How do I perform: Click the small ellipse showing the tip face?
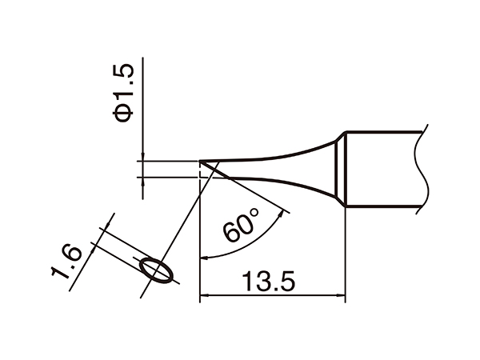[x=154, y=270]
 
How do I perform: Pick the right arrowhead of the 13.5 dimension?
[x=340, y=298]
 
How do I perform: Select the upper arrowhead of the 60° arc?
[x=282, y=213]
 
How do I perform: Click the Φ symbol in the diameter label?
[x=124, y=113]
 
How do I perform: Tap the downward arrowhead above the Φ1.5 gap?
[x=142, y=158]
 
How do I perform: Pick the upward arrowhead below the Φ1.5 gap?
[x=142, y=181]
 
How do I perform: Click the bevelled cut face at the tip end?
[x=212, y=169]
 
